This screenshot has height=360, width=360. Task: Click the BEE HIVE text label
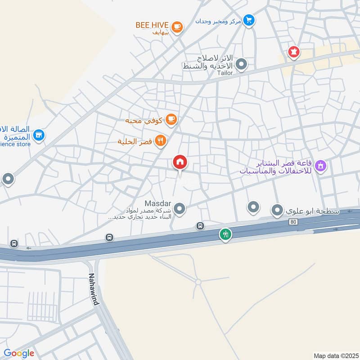152,25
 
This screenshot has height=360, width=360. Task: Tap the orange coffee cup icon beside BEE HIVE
177,27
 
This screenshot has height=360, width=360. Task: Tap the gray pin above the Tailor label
242,64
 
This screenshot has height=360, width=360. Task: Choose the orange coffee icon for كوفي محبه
171,119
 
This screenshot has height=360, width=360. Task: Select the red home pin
180,162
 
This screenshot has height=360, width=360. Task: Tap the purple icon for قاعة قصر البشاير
320,166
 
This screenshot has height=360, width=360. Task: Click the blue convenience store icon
39,135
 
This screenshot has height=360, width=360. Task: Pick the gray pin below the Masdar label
180,209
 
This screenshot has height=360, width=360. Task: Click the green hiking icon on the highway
225,234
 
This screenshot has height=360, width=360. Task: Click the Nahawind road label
94,289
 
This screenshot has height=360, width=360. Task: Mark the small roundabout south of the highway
198,282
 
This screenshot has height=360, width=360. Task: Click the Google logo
19,353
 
